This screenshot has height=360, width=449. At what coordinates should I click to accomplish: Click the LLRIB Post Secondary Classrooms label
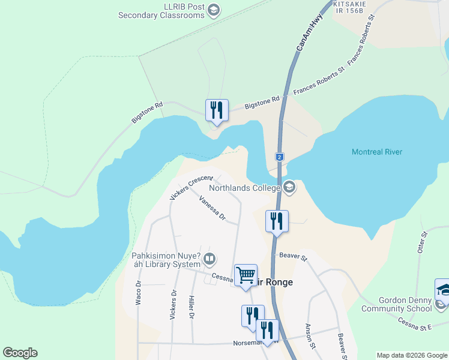(161, 11)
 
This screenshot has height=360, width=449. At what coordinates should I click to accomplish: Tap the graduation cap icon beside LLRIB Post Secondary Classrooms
(213, 10)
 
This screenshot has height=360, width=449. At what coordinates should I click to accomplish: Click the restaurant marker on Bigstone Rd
(217, 110)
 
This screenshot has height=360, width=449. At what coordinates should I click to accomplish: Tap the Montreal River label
(377, 152)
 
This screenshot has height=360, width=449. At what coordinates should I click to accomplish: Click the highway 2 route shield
(279, 157)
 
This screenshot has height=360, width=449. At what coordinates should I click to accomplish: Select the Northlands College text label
(244, 188)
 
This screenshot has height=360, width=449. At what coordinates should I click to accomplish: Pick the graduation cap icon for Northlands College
(289, 188)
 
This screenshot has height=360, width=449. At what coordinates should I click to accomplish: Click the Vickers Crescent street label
(191, 188)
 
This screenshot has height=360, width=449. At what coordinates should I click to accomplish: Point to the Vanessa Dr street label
(212, 208)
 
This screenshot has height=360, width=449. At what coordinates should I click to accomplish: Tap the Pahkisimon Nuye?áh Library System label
(166, 260)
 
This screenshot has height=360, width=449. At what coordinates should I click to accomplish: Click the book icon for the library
(209, 260)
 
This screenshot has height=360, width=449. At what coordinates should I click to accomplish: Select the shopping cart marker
(246, 275)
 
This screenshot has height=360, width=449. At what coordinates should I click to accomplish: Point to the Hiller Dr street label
(191, 307)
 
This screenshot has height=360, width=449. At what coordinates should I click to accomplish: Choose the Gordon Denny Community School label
(396, 305)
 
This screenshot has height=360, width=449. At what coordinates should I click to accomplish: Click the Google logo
(20, 353)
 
